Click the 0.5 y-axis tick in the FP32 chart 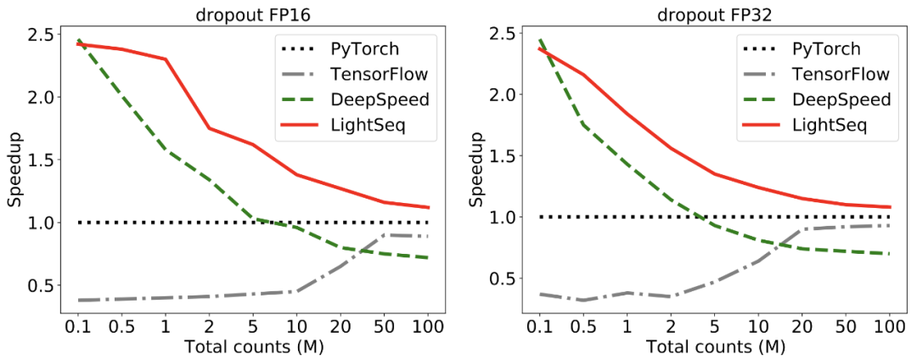tap(504, 278)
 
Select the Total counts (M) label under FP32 tap(716, 346)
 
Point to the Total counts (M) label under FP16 tap(252, 346)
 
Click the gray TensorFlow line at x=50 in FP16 tap(385, 234)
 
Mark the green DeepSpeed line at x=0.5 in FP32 tap(584, 126)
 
